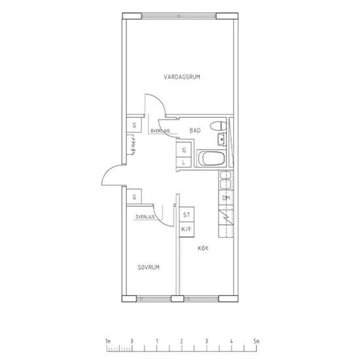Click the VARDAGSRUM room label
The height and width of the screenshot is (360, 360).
coord(182,77)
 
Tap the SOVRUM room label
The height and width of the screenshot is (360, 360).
coord(149,267)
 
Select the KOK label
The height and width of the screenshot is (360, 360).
coord(203,248)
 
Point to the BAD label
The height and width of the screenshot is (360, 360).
coord(195,130)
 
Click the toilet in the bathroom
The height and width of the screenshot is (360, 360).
coord(218,126)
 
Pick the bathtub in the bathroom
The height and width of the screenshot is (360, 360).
coord(211,158)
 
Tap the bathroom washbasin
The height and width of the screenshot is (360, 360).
coord(222,139)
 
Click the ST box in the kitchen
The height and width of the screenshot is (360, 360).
coord(187,215)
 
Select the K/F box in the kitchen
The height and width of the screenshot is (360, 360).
coord(187,229)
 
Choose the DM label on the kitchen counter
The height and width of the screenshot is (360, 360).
coord(226,198)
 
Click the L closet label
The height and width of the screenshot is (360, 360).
coord(183,162)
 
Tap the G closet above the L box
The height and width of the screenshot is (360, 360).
coord(184,150)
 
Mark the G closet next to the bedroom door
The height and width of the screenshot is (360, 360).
coord(134,196)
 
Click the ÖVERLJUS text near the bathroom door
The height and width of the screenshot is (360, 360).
coord(160,131)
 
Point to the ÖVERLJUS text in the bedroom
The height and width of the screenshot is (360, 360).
coord(145,217)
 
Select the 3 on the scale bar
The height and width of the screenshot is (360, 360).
coord(207,341)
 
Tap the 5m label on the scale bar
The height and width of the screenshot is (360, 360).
coord(257,341)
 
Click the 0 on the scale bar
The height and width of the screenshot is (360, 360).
coord(132,341)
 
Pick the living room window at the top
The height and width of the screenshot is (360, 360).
coord(179,16)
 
